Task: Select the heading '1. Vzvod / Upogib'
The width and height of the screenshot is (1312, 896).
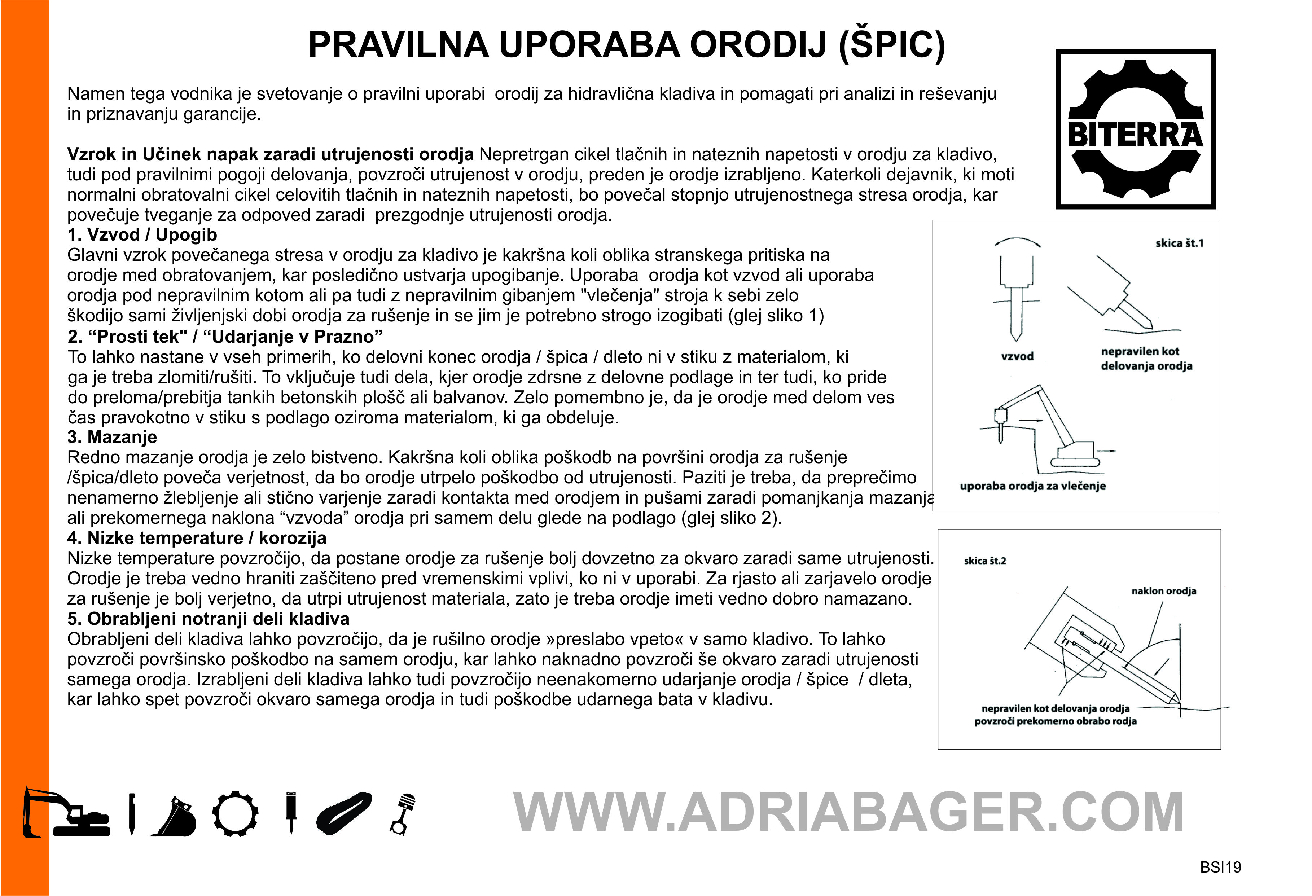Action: [142, 235]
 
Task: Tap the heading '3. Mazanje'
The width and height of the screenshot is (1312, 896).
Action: [112, 437]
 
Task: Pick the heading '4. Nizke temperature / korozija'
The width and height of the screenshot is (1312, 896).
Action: [197, 538]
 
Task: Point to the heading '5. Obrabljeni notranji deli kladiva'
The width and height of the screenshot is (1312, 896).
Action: [208, 619]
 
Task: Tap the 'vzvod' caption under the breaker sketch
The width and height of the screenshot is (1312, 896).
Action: [1017, 356]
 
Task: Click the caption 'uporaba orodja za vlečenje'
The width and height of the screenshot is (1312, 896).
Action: [1032, 486]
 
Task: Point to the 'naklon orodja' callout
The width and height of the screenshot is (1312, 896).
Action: [1163, 591]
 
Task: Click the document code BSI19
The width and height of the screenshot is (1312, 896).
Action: [1220, 867]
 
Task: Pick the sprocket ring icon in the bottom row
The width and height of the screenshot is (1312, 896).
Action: [236, 813]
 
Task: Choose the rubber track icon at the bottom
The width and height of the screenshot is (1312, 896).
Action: [344, 813]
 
